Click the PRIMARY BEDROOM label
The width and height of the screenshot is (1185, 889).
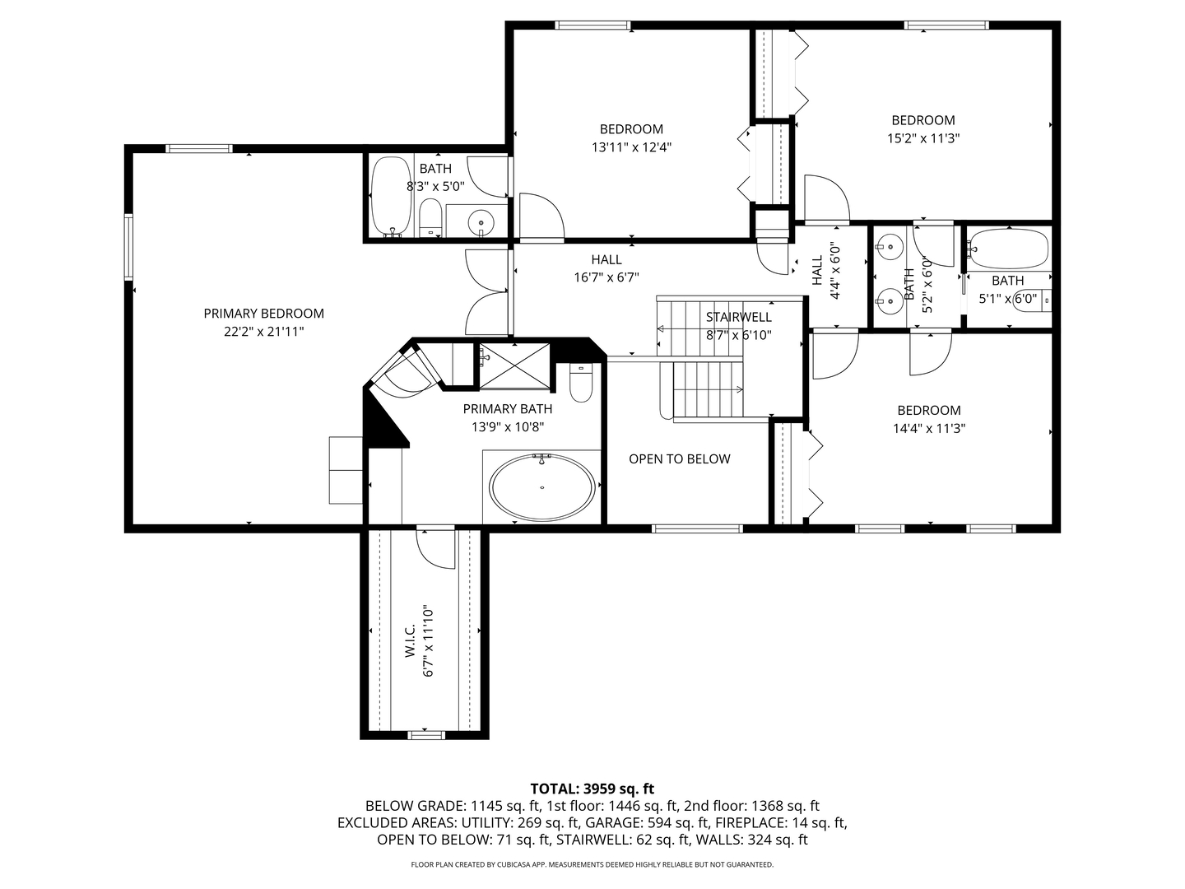pyautogui.click(x=263, y=314)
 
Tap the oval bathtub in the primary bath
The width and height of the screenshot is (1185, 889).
pyautogui.click(x=541, y=488)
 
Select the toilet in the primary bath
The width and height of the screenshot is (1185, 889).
pyautogui.click(x=581, y=384)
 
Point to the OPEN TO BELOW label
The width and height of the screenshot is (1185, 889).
pyautogui.click(x=679, y=459)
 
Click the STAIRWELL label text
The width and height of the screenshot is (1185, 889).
pyautogui.click(x=738, y=317)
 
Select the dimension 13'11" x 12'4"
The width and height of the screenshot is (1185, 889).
pyautogui.click(x=631, y=148)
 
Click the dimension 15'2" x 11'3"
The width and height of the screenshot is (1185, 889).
pyautogui.click(x=922, y=138)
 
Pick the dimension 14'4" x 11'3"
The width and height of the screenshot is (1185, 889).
pyautogui.click(x=928, y=428)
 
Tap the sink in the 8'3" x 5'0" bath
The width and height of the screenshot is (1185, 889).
pyautogui.click(x=480, y=221)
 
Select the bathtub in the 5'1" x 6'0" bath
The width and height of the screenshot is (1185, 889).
pyautogui.click(x=1008, y=248)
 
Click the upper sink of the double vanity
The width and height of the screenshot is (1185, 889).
pyautogui.click(x=889, y=245)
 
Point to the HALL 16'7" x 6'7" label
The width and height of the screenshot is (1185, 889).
pyautogui.click(x=606, y=268)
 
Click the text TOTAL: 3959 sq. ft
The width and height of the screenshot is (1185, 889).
pyautogui.click(x=592, y=789)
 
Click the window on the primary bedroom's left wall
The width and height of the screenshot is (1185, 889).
pyautogui.click(x=128, y=246)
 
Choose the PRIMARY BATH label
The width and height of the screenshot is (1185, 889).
pyautogui.click(x=507, y=409)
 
